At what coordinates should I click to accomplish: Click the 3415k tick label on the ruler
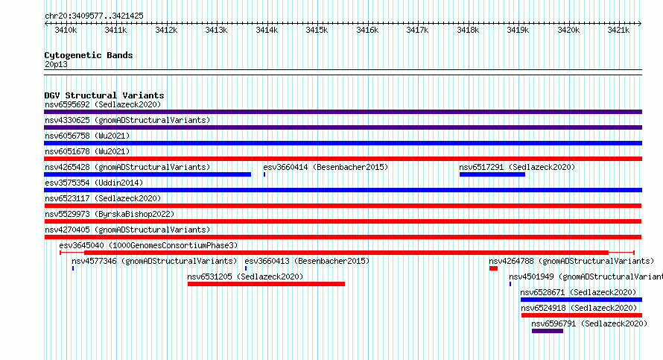coord(317,30)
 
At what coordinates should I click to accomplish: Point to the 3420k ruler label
coord(568,30)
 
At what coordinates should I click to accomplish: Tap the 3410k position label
coord(66,30)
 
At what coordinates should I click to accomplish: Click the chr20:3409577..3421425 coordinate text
coord(94,16)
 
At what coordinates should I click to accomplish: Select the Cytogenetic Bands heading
coord(89,55)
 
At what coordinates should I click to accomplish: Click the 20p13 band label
coord(56,65)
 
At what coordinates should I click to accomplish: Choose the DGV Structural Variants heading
coord(104,95)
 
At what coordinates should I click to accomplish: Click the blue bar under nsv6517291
coord(492,174)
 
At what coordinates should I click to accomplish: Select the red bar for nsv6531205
coord(266,284)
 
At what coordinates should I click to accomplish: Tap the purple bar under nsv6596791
coord(547,331)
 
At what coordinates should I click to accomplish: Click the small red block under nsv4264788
coord(493,268)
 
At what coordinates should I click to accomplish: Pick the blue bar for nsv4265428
coord(147,174)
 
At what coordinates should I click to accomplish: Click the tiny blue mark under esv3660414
coord(264,174)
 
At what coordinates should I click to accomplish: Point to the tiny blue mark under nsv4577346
coord(73,268)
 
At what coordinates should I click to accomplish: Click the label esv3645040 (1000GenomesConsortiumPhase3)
coord(148,245)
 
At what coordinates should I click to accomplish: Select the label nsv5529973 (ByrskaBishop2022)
coord(110,214)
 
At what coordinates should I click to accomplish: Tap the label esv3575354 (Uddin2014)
coord(94,183)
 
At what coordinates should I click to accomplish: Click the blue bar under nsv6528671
coord(581,300)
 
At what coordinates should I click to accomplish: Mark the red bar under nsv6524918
coord(582,315)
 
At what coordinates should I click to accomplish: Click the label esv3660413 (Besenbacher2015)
coord(307,261)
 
